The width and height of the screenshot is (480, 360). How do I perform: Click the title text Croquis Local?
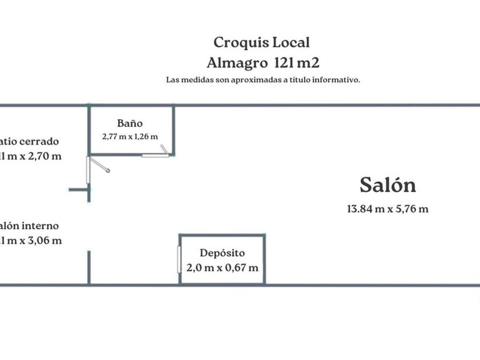(262, 42)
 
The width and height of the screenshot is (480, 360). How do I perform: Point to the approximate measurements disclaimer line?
(263, 80)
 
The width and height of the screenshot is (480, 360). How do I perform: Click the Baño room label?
(130, 123)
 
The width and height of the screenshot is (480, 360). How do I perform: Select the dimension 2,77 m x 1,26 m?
(130, 137)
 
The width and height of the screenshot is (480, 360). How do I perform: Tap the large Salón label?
(387, 185)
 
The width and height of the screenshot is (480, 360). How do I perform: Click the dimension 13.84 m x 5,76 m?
(387, 209)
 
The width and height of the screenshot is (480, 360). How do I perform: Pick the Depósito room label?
(222, 253)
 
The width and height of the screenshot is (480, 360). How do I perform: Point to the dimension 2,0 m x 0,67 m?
(222, 267)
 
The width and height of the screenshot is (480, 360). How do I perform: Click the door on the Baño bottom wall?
(155, 154)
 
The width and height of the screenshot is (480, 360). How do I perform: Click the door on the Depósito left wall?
(179, 260)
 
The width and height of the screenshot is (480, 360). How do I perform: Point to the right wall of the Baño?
(173, 130)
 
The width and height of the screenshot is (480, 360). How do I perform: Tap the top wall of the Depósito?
(222, 234)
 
